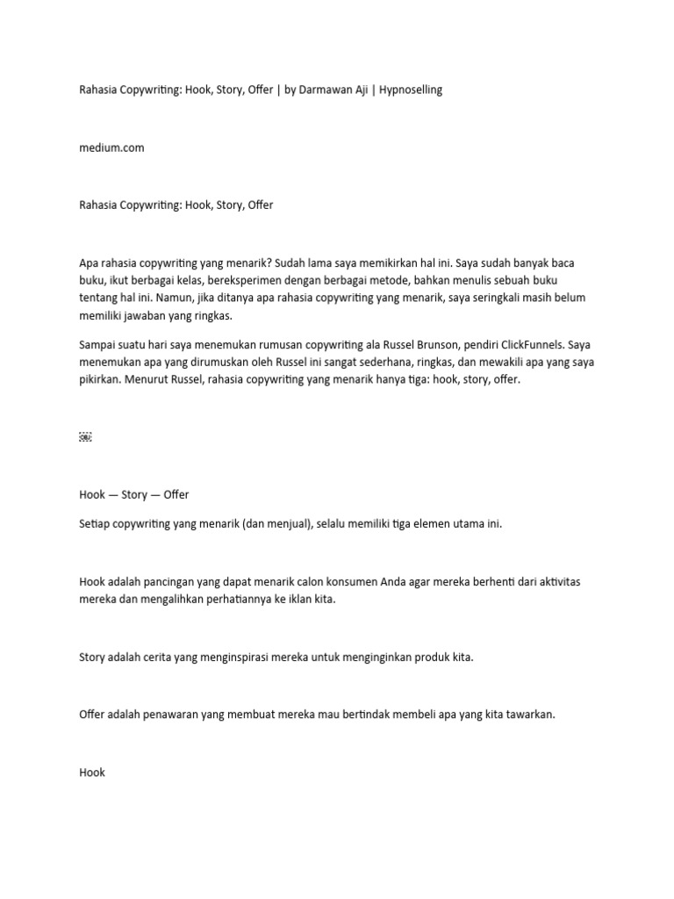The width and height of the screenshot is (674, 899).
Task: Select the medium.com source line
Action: click(x=111, y=147)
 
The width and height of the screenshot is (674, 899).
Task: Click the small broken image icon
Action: click(x=85, y=436)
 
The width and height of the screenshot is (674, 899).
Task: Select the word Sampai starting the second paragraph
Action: click(x=98, y=344)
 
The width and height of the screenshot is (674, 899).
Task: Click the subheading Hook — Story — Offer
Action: click(x=134, y=494)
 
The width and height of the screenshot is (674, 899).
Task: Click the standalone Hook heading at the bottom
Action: click(x=92, y=772)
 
